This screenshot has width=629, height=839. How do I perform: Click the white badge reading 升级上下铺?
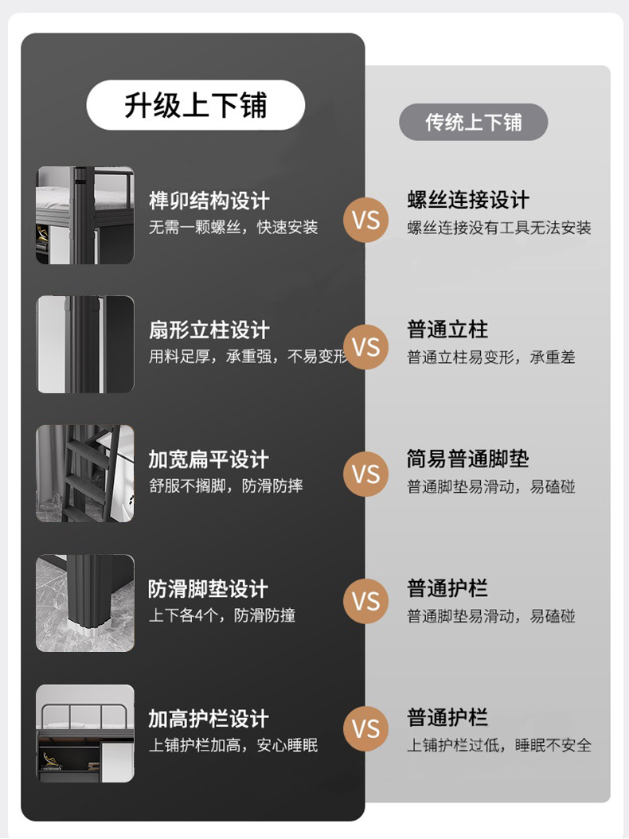(x=195, y=105)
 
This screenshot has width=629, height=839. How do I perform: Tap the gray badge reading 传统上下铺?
(x=473, y=122)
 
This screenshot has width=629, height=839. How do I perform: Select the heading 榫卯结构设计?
(x=209, y=201)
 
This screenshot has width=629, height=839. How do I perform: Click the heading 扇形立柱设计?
(x=209, y=330)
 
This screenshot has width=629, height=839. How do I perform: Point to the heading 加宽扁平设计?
(x=209, y=459)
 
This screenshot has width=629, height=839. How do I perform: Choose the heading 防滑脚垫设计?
(x=209, y=589)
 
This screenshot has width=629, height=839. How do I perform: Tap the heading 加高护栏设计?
(x=209, y=719)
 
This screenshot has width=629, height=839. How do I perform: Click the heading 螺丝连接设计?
(x=468, y=200)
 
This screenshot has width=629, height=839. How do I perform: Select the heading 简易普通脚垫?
(x=468, y=459)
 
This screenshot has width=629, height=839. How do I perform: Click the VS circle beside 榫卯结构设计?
(x=366, y=219)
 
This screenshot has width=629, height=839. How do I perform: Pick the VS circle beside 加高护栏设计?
(x=366, y=728)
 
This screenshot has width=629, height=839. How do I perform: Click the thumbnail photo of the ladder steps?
(x=85, y=474)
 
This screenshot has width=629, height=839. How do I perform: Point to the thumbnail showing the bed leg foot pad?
(x=85, y=603)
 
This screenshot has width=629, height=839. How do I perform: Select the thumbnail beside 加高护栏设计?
(x=85, y=733)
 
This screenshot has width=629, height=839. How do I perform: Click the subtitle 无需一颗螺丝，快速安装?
(x=233, y=228)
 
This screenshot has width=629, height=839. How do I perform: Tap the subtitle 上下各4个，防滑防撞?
(x=222, y=615)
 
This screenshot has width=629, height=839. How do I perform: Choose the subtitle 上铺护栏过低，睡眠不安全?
(x=499, y=745)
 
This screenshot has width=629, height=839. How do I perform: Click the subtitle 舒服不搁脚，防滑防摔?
(x=226, y=486)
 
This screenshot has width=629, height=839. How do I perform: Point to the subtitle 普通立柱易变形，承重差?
(x=491, y=357)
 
